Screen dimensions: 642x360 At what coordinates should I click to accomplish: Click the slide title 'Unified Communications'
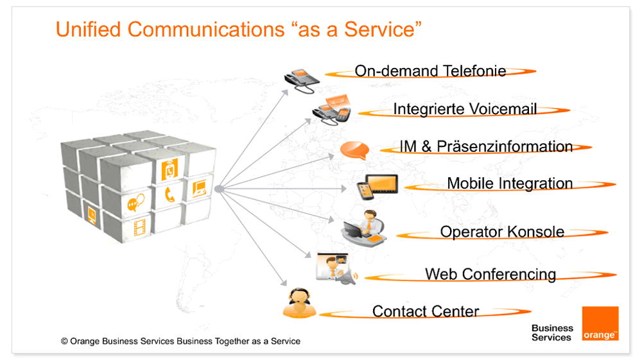(170, 30)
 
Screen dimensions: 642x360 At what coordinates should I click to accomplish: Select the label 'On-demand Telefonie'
(430, 71)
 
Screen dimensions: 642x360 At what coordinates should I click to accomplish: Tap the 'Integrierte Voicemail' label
(465, 109)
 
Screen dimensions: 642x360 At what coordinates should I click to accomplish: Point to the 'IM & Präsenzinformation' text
(486, 146)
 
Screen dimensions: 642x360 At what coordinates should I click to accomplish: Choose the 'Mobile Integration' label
(510, 184)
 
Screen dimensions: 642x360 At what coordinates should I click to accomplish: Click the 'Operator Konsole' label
(502, 232)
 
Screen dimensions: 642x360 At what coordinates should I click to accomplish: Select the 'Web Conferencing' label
(490, 274)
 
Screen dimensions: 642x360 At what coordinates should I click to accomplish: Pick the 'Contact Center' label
(426, 311)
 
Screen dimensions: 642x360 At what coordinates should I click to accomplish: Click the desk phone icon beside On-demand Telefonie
(302, 81)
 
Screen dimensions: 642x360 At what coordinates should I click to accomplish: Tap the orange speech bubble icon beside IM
(354, 150)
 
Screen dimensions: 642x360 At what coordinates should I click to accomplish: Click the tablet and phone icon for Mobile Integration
(377, 187)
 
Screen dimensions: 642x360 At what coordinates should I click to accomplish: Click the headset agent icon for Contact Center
(299, 303)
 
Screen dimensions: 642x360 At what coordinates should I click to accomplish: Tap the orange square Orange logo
(600, 323)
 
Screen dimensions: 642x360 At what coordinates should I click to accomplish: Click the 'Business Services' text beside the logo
(552, 332)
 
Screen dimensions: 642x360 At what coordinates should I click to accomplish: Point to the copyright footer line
(180, 341)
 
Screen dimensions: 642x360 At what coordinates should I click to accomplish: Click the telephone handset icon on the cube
(169, 194)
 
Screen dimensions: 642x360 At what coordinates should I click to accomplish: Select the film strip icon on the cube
(140, 227)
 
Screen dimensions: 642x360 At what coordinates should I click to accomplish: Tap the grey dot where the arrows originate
(219, 189)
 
